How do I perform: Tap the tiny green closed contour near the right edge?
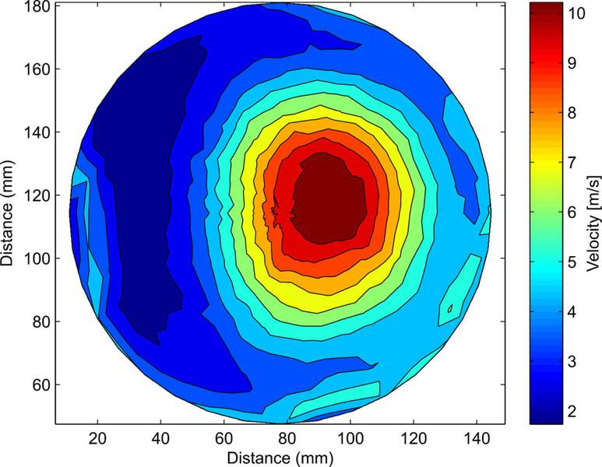450,309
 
